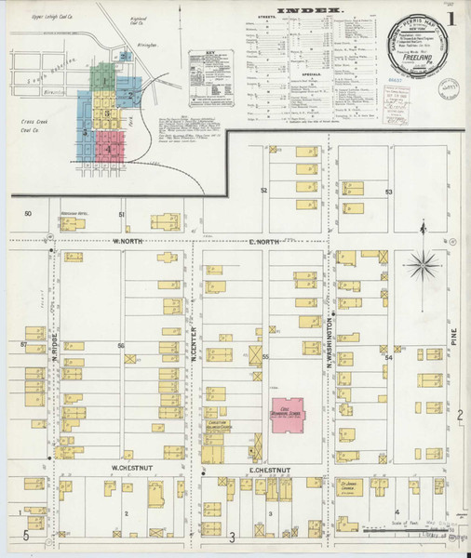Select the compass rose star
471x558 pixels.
click(425, 264)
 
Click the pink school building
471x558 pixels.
click(288, 411)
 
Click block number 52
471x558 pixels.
click(264, 190)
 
